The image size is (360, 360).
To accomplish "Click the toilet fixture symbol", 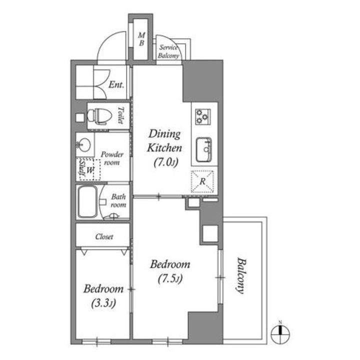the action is point(99,116).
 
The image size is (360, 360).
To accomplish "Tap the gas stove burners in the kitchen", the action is point(203,116).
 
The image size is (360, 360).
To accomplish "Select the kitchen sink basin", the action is point(204,149).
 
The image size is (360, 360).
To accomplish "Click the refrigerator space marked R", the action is point(202,181).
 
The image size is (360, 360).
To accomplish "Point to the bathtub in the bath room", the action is point(87,202).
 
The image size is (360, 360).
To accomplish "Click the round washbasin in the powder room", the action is point(83,144).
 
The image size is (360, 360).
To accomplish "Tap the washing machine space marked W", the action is point(90,169).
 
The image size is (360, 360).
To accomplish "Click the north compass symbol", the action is point(280,333).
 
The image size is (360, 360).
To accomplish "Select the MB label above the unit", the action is point(141,39).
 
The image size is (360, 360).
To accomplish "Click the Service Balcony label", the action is point(168,51).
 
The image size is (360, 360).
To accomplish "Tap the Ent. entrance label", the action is point(116,84).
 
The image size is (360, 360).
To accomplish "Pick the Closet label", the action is point(104,236).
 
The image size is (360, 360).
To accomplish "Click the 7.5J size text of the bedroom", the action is point(170,278).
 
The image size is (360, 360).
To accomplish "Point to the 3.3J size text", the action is point(103,303).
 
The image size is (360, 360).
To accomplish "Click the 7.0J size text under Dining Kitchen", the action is point(166,162).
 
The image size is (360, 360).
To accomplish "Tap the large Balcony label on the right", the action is point(241,275).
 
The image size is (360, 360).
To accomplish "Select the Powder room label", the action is point(112,158).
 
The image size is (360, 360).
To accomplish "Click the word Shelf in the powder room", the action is point(82,168).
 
